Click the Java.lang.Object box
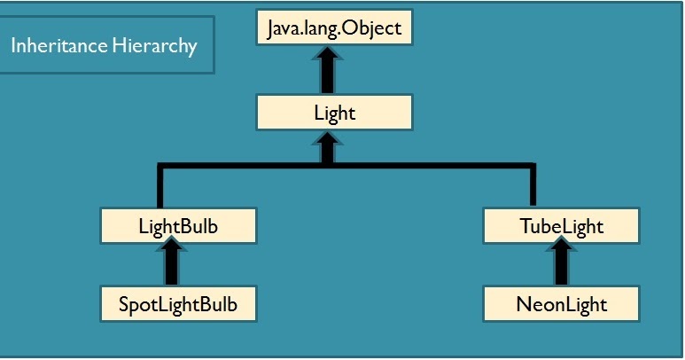coord(335,28)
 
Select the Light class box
coord(335,113)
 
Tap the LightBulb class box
coord(178,226)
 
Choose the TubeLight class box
coord(561,226)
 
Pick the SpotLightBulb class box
coord(178,304)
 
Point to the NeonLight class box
coord(561,304)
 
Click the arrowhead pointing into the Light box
coord(327,142)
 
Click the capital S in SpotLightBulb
coord(123,305)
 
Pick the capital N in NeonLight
coord(522,305)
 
